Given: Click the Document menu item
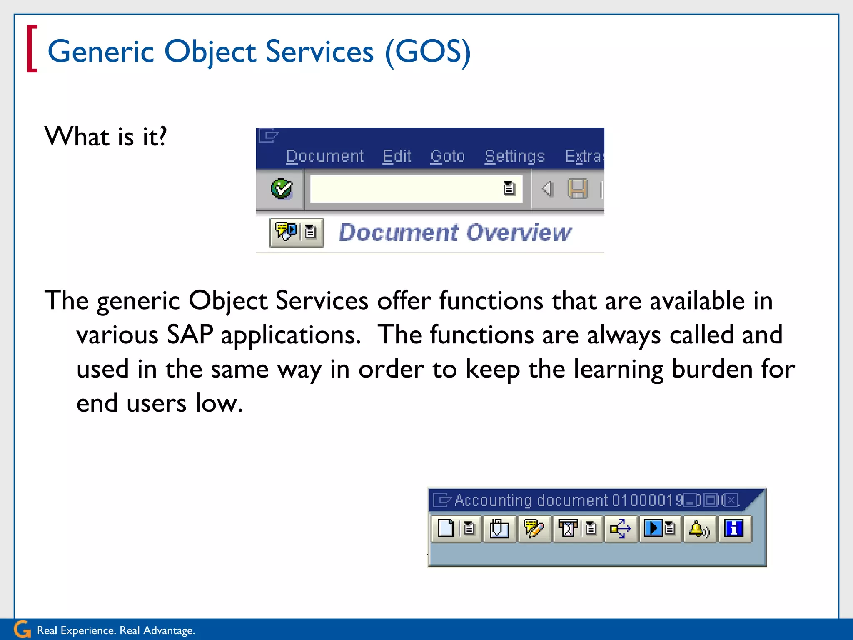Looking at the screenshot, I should (x=324, y=156).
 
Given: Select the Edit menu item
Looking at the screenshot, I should (x=397, y=156).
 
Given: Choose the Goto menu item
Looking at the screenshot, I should (x=447, y=156).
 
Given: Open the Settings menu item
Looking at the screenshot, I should (x=515, y=156).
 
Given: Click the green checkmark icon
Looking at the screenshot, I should (x=282, y=189).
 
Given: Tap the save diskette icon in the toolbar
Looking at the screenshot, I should (x=578, y=189).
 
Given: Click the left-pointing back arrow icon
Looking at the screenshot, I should (x=547, y=189).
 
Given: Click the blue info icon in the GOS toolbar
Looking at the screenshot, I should (x=733, y=528).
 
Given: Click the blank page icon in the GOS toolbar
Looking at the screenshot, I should (x=446, y=528).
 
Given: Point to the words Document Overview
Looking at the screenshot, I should (x=455, y=232).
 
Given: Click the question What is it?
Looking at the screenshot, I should (x=106, y=136).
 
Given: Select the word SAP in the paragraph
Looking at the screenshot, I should (x=190, y=335).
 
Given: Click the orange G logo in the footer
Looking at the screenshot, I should (x=22, y=629).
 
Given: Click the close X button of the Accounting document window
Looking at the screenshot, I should (x=731, y=500).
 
